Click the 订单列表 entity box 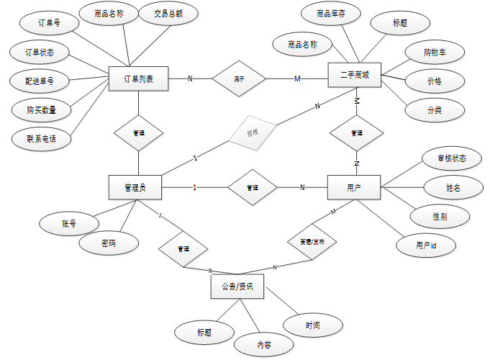click(x=138, y=78)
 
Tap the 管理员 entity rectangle click(x=135, y=188)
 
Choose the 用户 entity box click(x=354, y=188)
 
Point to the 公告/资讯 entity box click(x=237, y=287)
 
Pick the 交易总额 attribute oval click(x=168, y=14)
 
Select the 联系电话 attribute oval click(x=41, y=138)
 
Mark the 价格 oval click(x=434, y=81)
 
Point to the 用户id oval click(x=426, y=245)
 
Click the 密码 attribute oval click(x=109, y=243)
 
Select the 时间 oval click(x=312, y=325)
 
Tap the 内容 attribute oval click(x=264, y=345)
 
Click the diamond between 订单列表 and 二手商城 click(x=239, y=78)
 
